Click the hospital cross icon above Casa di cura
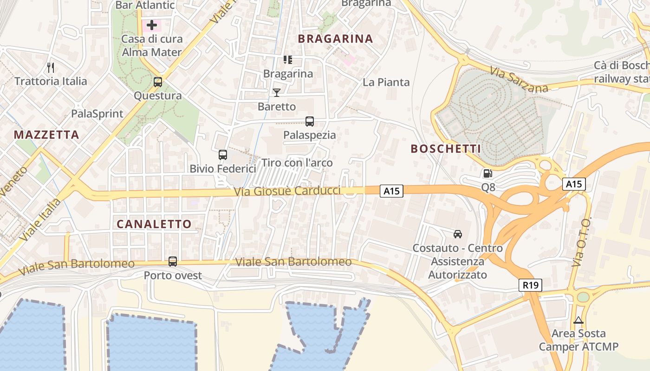pos(152,25)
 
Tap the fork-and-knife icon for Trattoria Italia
pos(51,68)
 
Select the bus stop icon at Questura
pos(158,83)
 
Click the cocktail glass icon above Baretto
pos(277,93)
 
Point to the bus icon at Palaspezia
pos(310,122)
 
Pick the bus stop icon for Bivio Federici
pos(223,155)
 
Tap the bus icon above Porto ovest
pos(173,262)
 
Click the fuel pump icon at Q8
pos(487,174)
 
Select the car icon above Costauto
pos(458,234)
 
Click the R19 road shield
pos(530,285)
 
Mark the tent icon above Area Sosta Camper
pos(578,320)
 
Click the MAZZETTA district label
pos(46,135)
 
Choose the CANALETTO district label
pos(154,224)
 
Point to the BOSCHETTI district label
pos(446,149)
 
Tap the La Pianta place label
pos(386,83)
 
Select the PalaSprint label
pos(97,114)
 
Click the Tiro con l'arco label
pos(297,163)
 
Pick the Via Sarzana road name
pos(519,80)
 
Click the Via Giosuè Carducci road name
pos(287,191)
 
